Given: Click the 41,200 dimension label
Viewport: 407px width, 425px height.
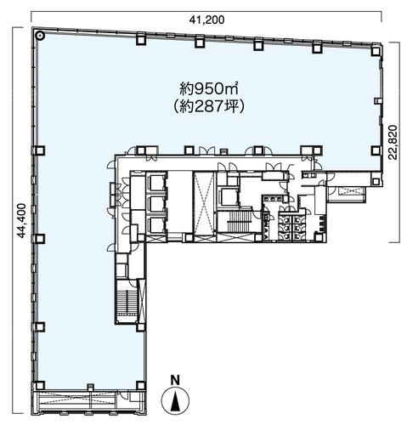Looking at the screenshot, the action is pos(206,20).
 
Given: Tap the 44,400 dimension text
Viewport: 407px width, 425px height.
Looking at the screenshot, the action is pos(21,220).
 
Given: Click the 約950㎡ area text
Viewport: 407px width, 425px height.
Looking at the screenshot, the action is pos(209,89).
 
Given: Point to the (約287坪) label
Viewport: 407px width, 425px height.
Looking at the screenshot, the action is pos(209,107).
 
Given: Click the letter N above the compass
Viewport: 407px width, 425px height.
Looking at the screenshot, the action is pos(176,380).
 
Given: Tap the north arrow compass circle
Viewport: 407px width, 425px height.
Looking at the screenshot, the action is pos(175,400).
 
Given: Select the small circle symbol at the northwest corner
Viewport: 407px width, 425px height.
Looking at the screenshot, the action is pos(40,36).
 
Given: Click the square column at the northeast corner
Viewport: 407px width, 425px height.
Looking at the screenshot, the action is pos(376,51).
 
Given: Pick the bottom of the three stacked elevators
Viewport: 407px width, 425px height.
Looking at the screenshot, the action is pos(155,225).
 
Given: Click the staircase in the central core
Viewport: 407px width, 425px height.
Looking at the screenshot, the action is pos(239,221).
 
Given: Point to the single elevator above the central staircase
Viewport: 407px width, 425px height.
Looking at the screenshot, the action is pos(229,195).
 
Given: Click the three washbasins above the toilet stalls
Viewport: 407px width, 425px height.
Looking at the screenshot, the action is pos(273,199).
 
